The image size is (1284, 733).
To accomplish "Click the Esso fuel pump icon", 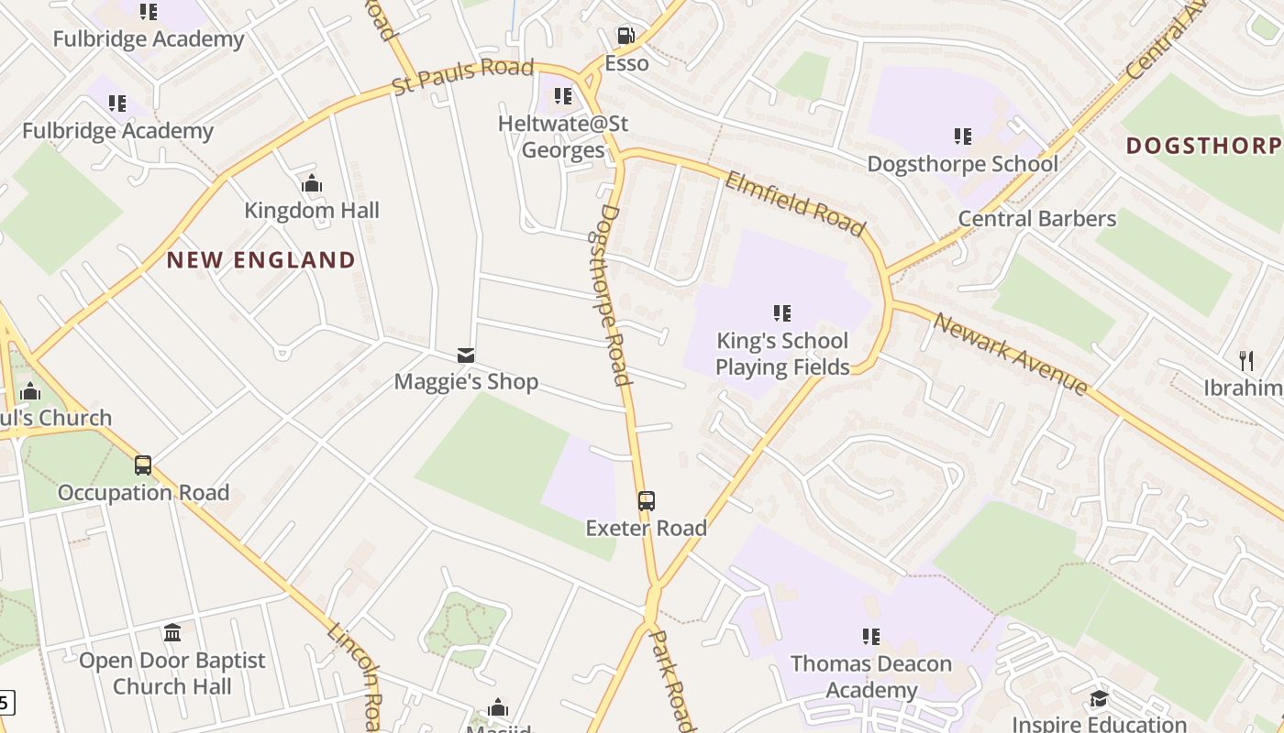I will pos(625,36).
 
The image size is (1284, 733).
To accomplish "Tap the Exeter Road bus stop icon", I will pos(647,501).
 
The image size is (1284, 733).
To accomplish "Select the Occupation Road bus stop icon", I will pos(143,465).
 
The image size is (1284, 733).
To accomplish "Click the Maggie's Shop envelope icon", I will pos(466,356).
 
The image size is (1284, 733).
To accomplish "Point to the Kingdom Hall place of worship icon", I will pos(312,184).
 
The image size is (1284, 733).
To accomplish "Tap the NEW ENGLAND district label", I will pos(260,260).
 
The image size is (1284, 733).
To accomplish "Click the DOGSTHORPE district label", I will pos(1203,146).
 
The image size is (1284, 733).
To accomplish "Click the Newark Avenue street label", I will pos(1011,354).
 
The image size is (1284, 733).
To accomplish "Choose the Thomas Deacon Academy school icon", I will pos(871,636).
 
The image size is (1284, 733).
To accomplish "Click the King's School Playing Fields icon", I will pos(782,313).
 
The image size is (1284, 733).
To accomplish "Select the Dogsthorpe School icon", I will pos(962,137).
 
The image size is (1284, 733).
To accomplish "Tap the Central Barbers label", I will pos(1036,219).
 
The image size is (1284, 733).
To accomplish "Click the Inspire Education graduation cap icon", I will pos(1099,700).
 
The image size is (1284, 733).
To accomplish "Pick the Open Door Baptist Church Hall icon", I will pos(172,632).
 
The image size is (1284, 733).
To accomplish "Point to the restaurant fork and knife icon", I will pos(1245,360).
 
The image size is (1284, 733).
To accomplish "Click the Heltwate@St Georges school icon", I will pos(563,95).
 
